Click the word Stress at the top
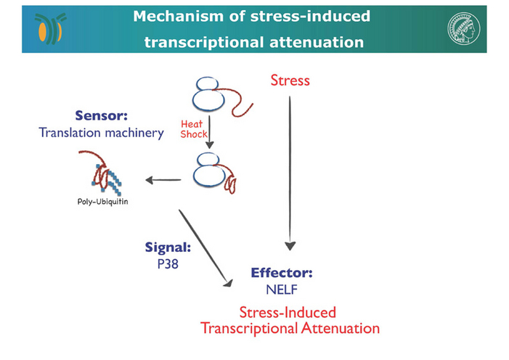[290, 80]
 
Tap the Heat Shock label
[194, 129]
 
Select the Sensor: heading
[101, 115]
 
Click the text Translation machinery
[101, 133]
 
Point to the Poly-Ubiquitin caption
[102, 202]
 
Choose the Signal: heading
[168, 247]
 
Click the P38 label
[168, 264]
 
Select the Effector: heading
[282, 273]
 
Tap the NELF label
[282, 290]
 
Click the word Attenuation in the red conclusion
[341, 328]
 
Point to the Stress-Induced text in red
[288, 312]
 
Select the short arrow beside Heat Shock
[209, 132]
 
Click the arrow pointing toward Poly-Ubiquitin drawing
[163, 180]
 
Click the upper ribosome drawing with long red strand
[223, 97]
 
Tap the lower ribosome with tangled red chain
[214, 173]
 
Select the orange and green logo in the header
[50, 28]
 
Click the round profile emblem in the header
[463, 28]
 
